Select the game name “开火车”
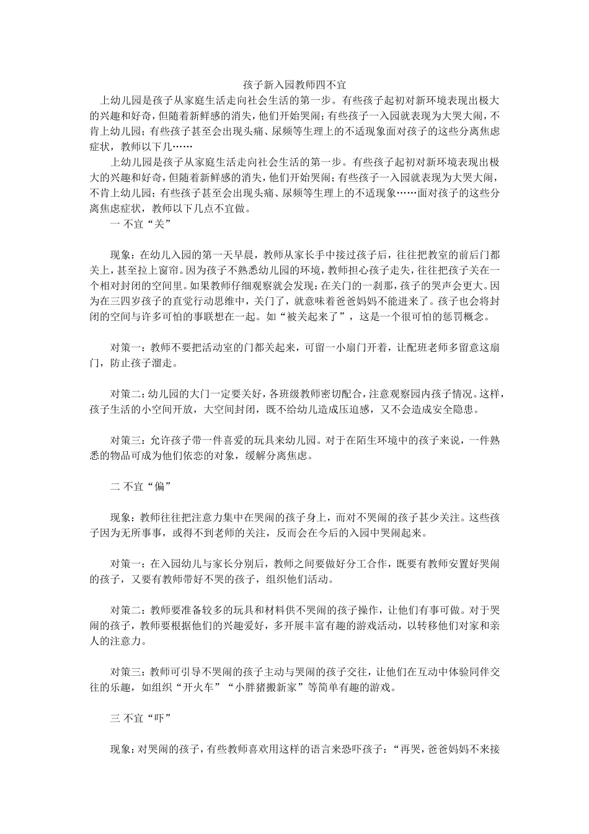click(x=190, y=688)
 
